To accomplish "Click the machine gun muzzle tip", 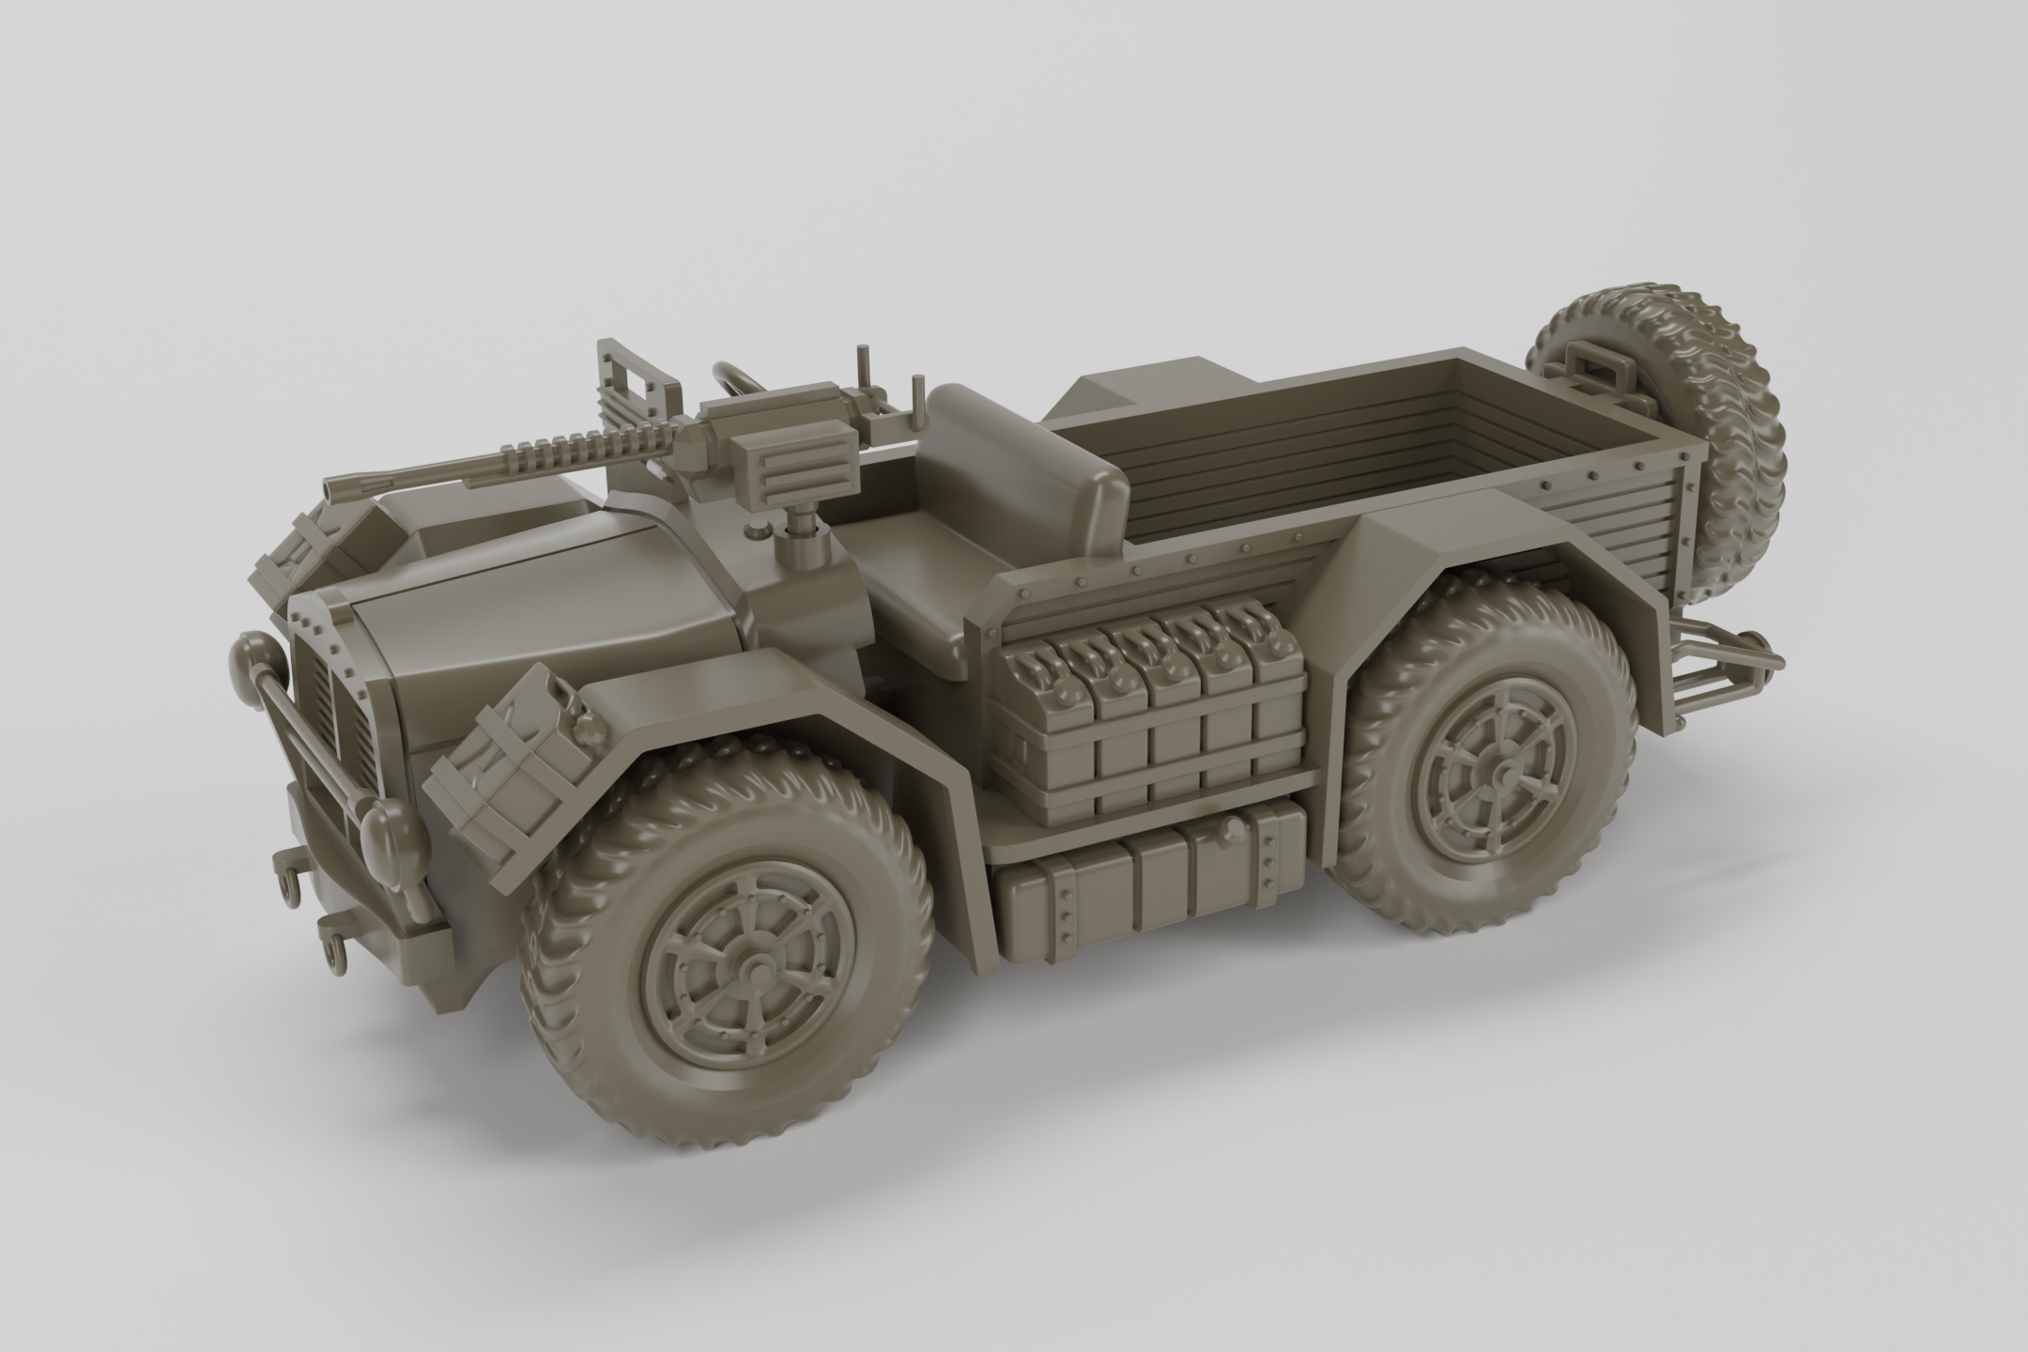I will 330,488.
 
